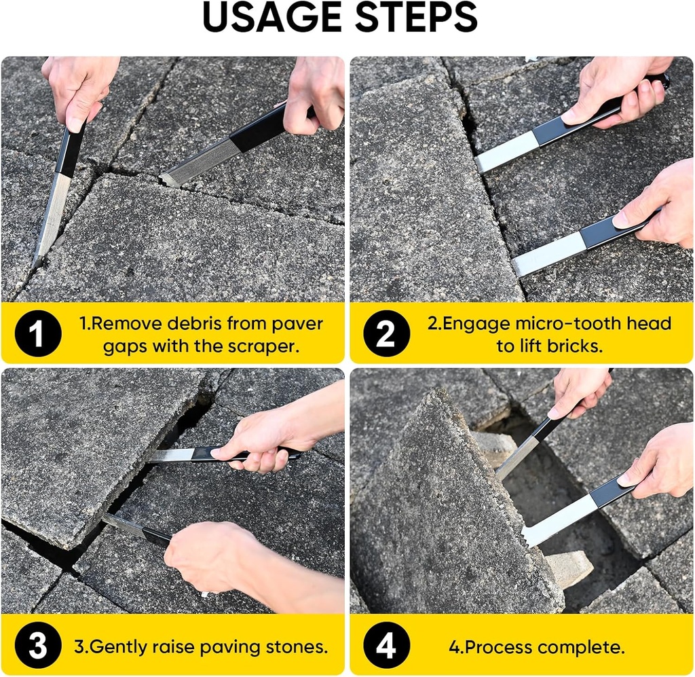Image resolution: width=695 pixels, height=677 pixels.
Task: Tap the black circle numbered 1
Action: pos(37,333)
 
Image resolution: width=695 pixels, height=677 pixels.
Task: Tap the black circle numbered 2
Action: pos(386,333)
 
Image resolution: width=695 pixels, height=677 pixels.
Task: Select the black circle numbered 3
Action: pos(37,646)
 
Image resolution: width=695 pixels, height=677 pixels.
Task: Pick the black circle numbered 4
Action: pos(386,646)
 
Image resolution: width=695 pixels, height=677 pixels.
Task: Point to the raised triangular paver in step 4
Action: pos(448,516)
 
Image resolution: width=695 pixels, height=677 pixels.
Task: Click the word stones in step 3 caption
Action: pos(296,646)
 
